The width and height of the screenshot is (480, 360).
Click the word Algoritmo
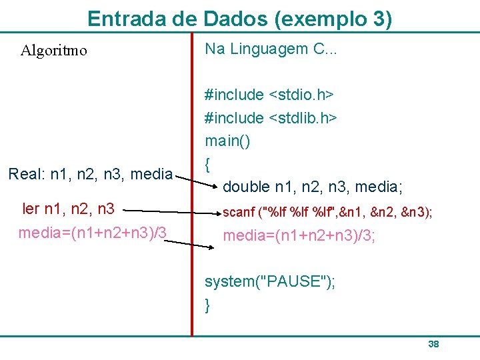[53, 51]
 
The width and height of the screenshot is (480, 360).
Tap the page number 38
[433, 344]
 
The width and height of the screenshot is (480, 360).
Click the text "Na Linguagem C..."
[271, 49]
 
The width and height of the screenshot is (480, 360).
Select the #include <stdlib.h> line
[271, 118]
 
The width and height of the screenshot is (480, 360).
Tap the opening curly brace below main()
[208, 163]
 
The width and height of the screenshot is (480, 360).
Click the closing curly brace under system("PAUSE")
[208, 305]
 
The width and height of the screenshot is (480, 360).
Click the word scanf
[239, 213]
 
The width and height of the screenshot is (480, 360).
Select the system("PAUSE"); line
[270, 281]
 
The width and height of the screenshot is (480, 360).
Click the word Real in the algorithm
[25, 175]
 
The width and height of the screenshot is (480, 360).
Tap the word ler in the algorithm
[31, 209]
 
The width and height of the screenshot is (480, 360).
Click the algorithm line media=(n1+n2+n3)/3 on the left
[92, 233]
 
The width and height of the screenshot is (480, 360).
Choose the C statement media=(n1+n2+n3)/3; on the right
[299, 236]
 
